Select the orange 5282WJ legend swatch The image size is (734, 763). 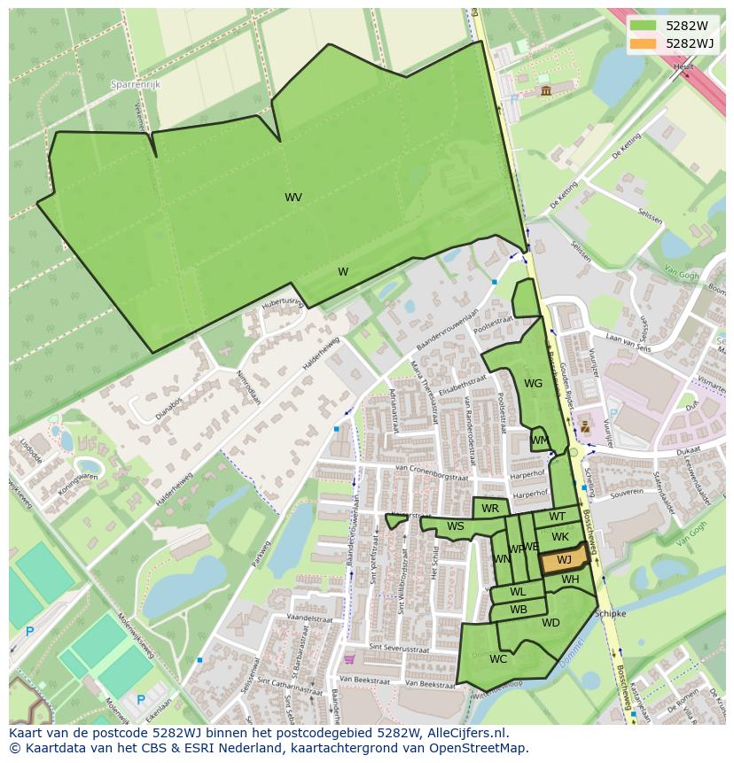point(643,43)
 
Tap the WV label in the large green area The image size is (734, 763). point(293,198)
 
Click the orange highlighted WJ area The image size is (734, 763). point(564,560)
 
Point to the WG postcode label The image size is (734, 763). point(533,384)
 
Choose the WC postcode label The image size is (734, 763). point(498,658)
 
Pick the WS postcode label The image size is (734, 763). point(455,526)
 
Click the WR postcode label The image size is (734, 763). point(490,509)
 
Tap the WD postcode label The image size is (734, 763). point(550,623)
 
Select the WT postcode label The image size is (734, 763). point(557,517)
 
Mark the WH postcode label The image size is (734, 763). point(570,580)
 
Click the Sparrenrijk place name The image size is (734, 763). point(135,84)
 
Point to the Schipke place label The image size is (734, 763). point(610,613)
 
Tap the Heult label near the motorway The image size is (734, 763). point(683,66)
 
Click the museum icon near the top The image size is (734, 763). point(544,90)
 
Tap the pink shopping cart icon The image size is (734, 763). point(349,658)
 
